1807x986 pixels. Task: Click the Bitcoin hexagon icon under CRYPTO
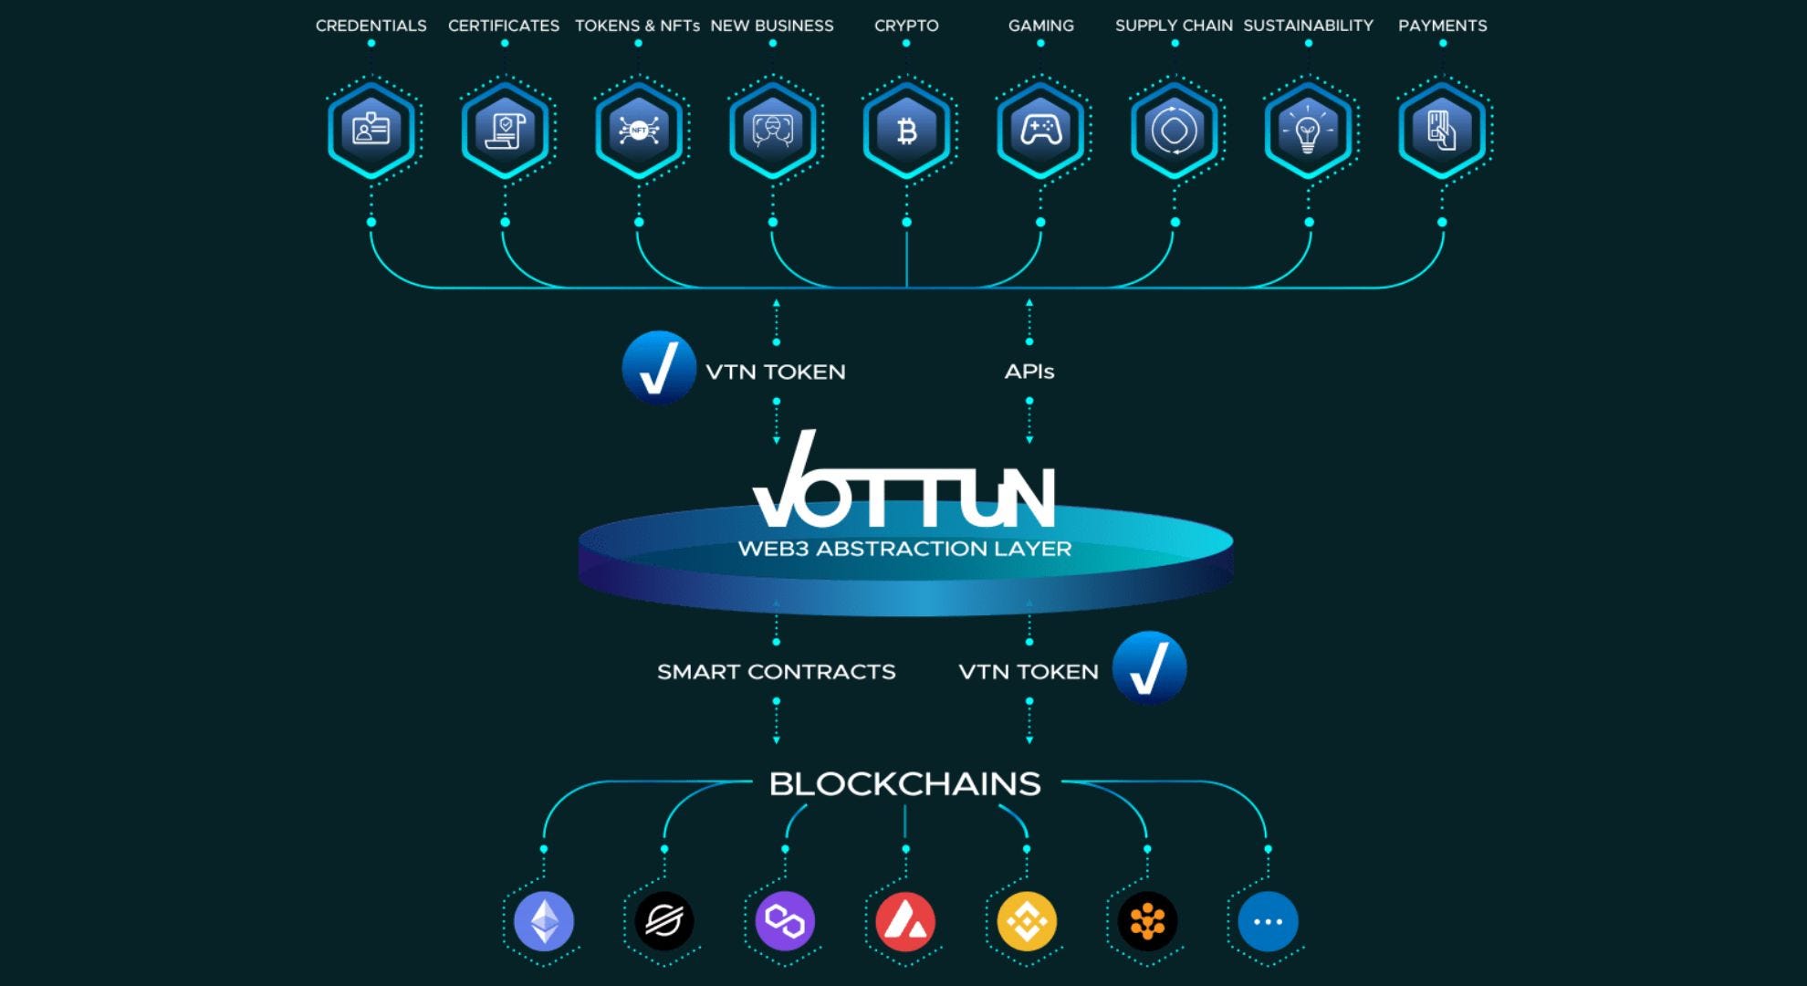(x=906, y=131)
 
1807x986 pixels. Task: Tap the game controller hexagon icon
(x=1040, y=131)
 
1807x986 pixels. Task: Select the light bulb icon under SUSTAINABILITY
(x=1308, y=131)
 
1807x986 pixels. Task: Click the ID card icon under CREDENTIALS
(x=371, y=131)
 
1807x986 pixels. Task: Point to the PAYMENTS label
(x=1443, y=26)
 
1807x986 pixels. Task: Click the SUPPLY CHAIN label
(x=1174, y=26)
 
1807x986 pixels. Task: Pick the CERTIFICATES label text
(x=504, y=26)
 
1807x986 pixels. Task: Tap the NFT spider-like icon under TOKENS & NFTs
(x=639, y=131)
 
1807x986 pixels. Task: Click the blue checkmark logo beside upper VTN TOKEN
(x=659, y=367)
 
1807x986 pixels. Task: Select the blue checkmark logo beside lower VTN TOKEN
(x=1149, y=668)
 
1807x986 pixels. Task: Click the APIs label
(x=1029, y=372)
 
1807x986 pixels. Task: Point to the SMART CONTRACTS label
(x=777, y=672)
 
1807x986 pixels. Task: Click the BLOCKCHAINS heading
(x=905, y=784)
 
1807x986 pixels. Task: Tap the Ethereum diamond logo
(x=544, y=921)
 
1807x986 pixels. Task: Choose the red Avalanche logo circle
(x=905, y=921)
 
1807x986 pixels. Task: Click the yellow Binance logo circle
(x=1027, y=921)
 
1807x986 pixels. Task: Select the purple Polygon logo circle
(x=785, y=921)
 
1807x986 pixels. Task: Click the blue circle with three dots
(x=1268, y=921)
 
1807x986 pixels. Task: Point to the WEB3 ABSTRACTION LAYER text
(x=905, y=549)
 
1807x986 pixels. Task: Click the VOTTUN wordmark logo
(x=903, y=482)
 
